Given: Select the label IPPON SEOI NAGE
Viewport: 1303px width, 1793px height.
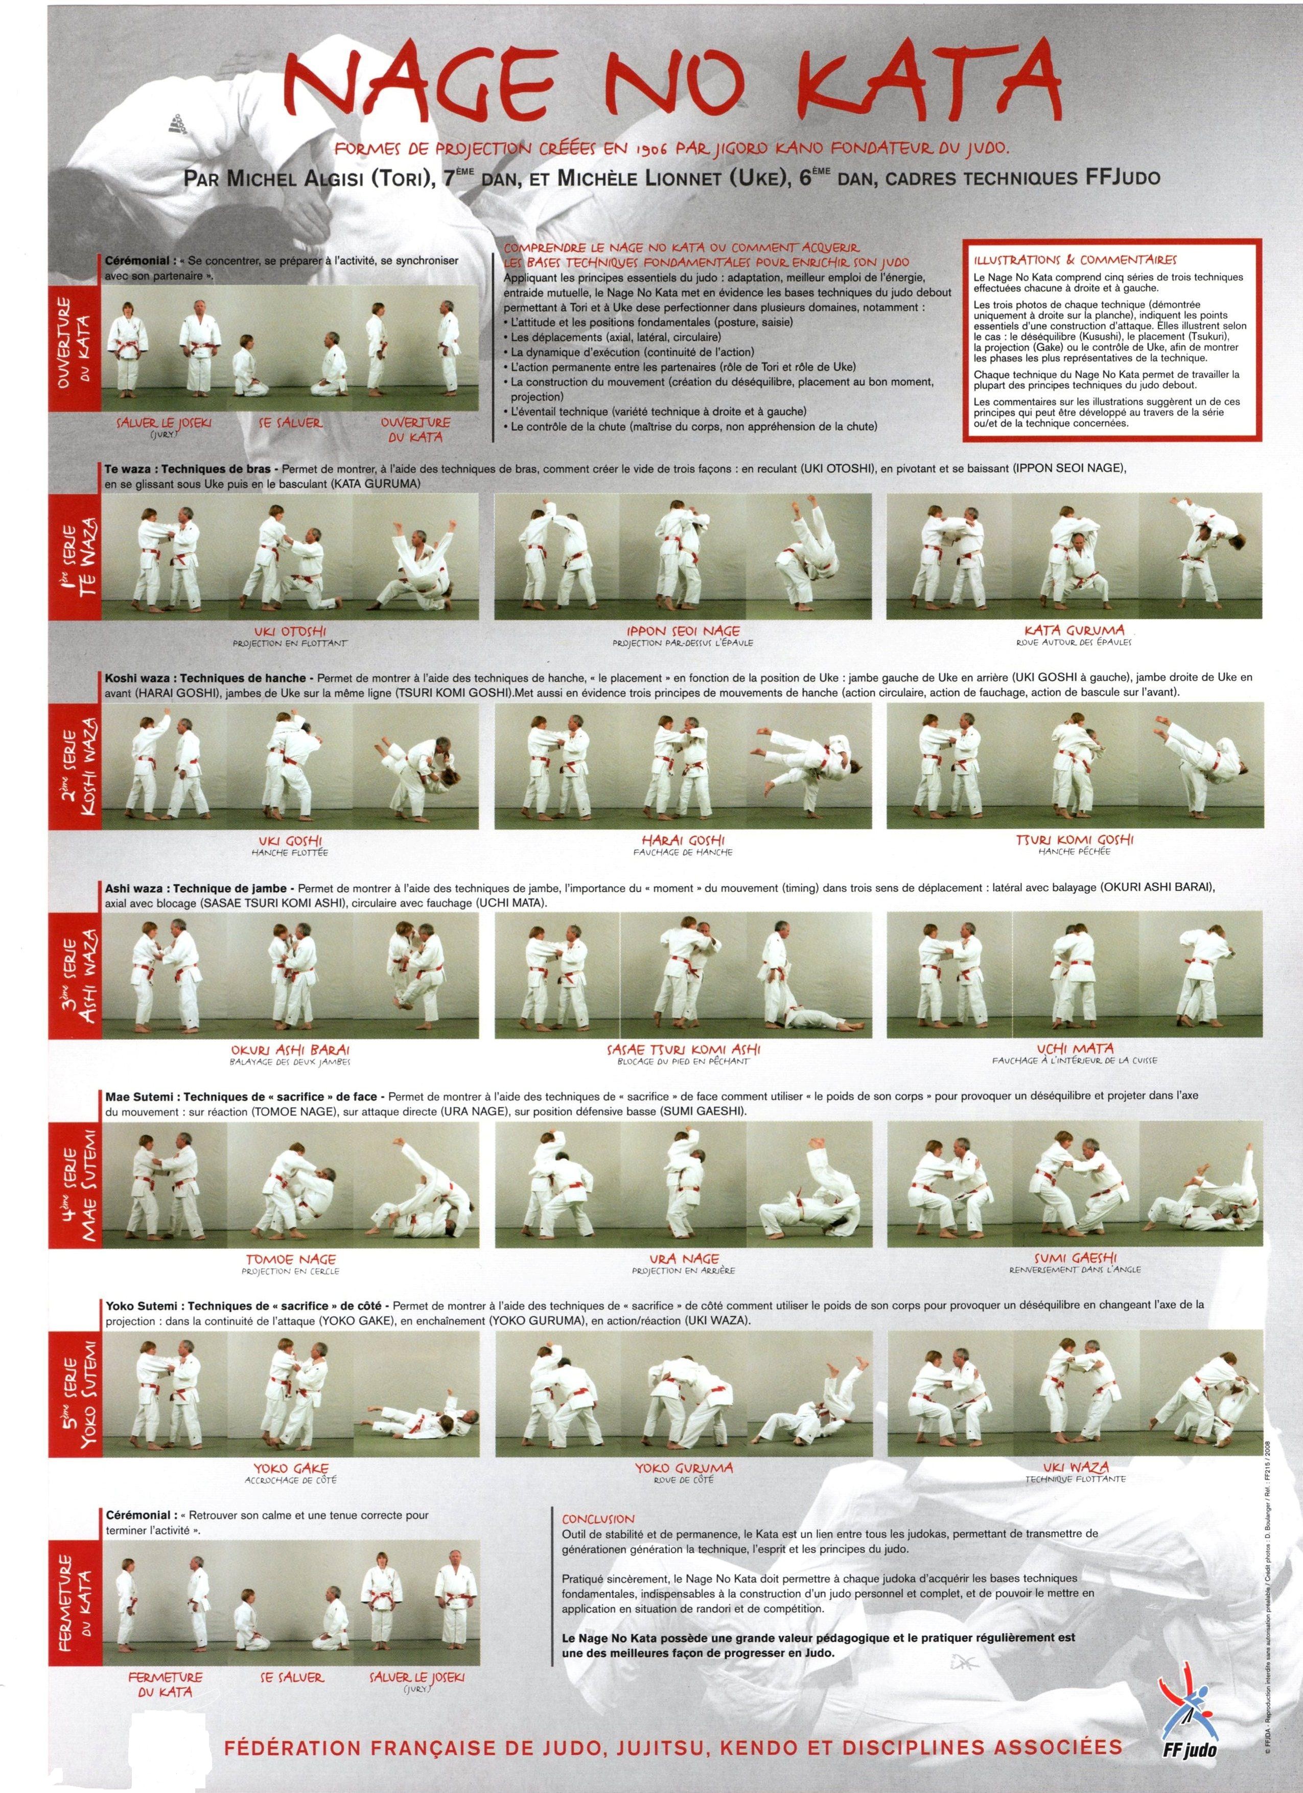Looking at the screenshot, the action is (x=683, y=631).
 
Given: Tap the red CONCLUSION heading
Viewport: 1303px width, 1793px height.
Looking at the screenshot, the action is (x=598, y=1519).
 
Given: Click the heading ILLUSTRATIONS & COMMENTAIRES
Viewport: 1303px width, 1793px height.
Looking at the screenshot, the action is (x=1075, y=259).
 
